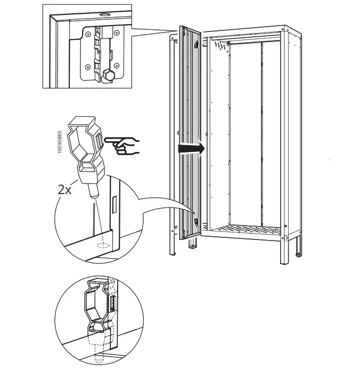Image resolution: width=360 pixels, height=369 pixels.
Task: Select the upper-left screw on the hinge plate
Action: [87, 33]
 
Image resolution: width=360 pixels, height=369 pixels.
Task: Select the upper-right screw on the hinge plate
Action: [117, 33]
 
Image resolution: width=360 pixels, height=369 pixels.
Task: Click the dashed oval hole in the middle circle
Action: [102, 247]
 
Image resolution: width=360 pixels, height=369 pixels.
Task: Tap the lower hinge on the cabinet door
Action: [197, 222]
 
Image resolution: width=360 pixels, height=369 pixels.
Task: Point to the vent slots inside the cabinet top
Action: [221, 47]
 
